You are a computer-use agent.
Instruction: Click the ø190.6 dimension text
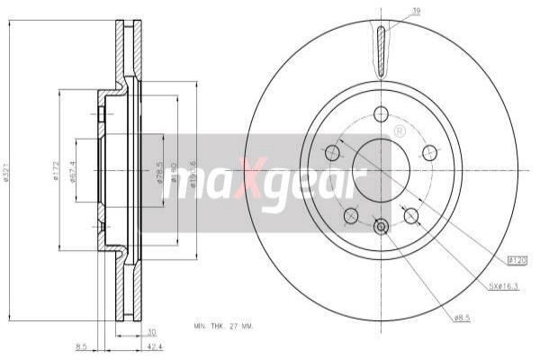pos(194,175)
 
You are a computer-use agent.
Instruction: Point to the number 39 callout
pos(391,12)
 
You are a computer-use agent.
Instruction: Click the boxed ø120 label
pos(517,260)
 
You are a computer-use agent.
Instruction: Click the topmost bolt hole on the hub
pos(381,113)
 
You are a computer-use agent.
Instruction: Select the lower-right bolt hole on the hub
pos(411,215)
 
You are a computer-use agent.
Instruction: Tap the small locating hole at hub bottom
pos(381,228)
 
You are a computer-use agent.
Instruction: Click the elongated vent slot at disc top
pos(381,49)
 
